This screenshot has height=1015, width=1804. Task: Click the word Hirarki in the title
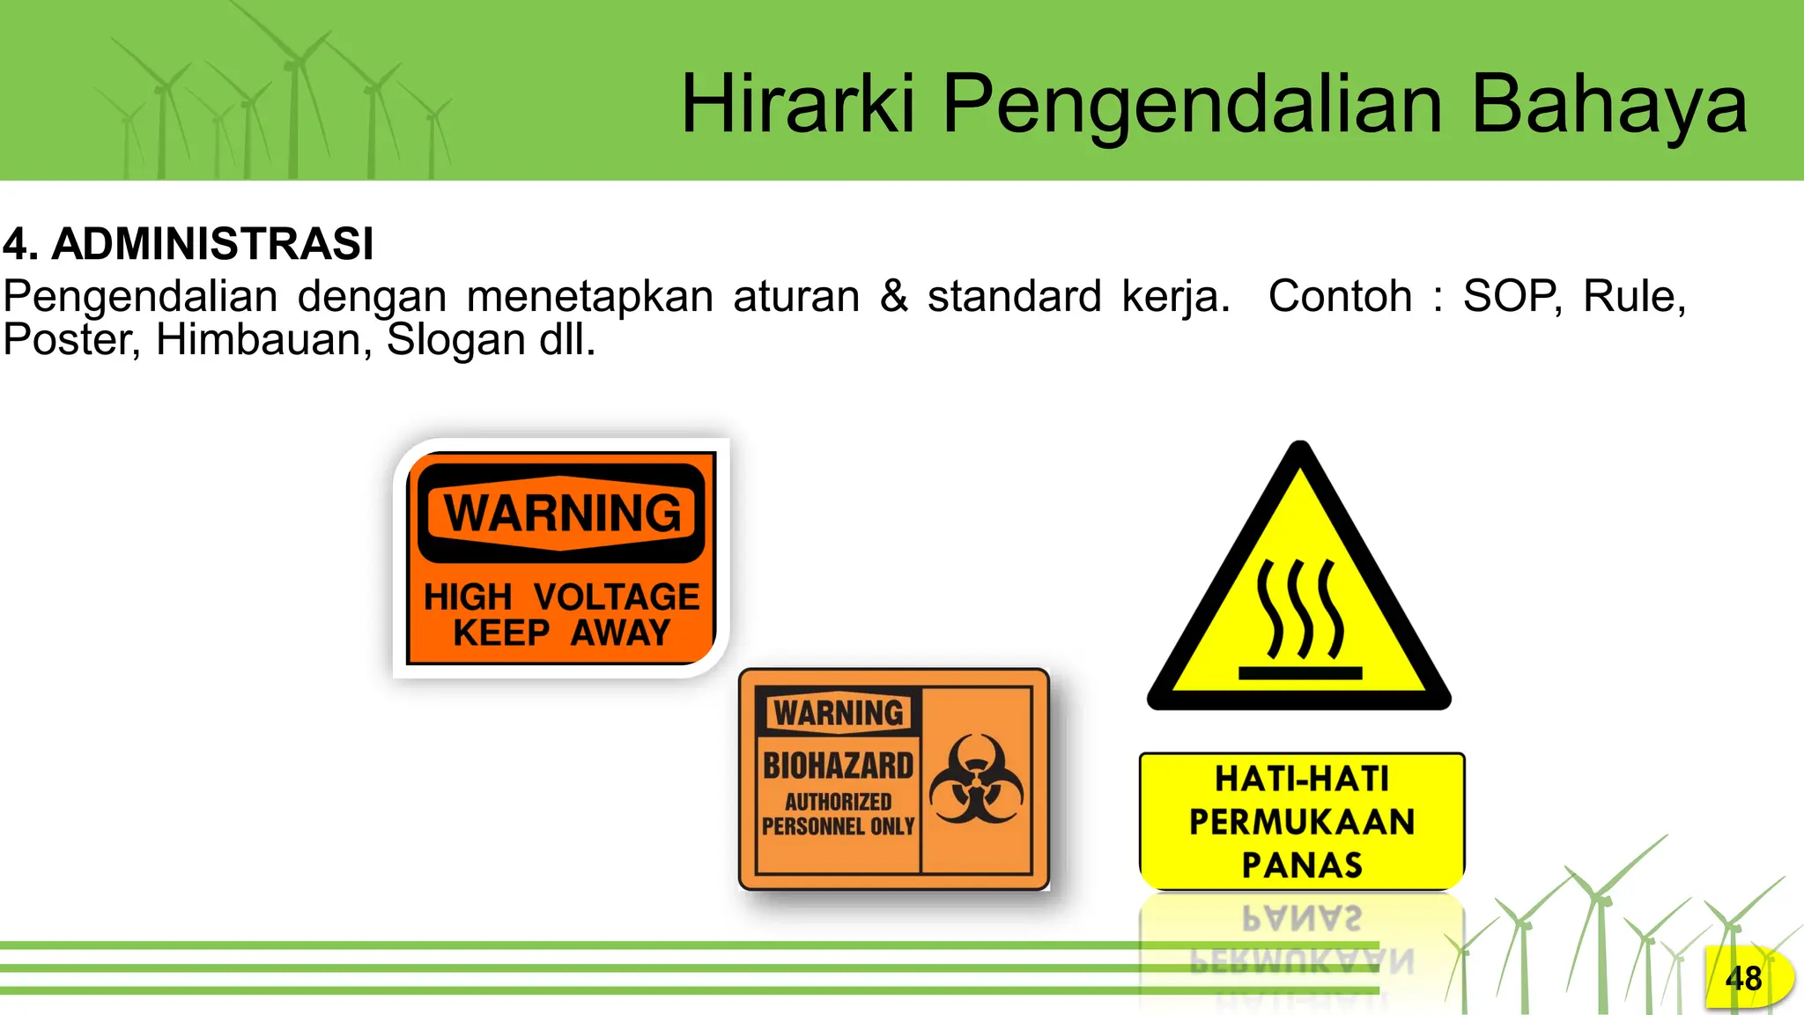pyautogui.click(x=797, y=104)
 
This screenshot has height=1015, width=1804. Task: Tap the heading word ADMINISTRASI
pyautogui.click(x=212, y=243)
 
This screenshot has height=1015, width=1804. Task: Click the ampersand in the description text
pyautogui.click(x=893, y=295)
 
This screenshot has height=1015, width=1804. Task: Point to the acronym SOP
pyautogui.click(x=1511, y=296)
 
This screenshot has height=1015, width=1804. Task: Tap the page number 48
pyautogui.click(x=1743, y=978)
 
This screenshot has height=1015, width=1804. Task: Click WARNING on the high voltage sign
pyautogui.click(x=562, y=514)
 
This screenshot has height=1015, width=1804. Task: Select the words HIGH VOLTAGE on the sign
pyautogui.click(x=561, y=597)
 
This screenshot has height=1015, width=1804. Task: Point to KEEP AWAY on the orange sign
pyautogui.click(x=561, y=633)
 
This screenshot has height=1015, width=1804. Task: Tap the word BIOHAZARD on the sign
pyautogui.click(x=838, y=766)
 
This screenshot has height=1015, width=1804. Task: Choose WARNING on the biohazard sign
pyautogui.click(x=839, y=713)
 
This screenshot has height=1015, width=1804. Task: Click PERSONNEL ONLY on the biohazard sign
pyautogui.click(x=838, y=826)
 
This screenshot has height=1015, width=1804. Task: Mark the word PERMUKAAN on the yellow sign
pyautogui.click(x=1302, y=822)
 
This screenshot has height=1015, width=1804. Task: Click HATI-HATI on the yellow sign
pyautogui.click(x=1302, y=779)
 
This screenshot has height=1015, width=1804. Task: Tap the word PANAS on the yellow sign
pyautogui.click(x=1302, y=865)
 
